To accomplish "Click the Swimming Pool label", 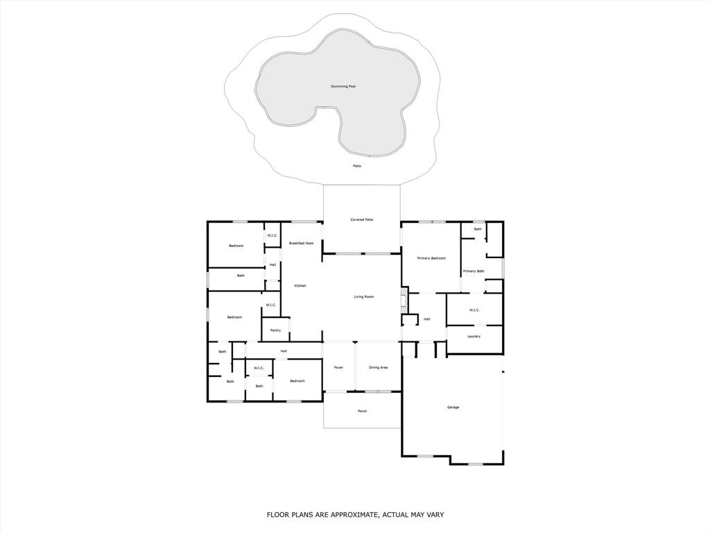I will pyautogui.click(x=343, y=87).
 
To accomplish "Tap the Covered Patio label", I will pyautogui.click(x=362, y=219).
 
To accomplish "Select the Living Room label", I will pyautogui.click(x=364, y=297).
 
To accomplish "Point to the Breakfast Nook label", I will pyautogui.click(x=302, y=243).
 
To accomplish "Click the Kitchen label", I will pyautogui.click(x=300, y=286).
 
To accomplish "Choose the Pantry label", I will pyautogui.click(x=275, y=330).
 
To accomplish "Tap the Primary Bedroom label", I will pyautogui.click(x=431, y=258).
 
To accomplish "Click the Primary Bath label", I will pyautogui.click(x=474, y=271).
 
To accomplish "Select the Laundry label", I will pyautogui.click(x=474, y=337).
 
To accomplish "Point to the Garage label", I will pyautogui.click(x=453, y=407).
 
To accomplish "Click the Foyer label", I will pyautogui.click(x=338, y=367).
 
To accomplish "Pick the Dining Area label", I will pyautogui.click(x=378, y=367).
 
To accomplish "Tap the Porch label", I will pyautogui.click(x=362, y=411).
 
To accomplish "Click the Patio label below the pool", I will pyautogui.click(x=357, y=166).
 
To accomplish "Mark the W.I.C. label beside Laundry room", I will pyautogui.click(x=474, y=310).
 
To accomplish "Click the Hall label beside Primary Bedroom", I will pyautogui.click(x=427, y=319).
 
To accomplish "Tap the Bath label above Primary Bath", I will pyautogui.click(x=478, y=229).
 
